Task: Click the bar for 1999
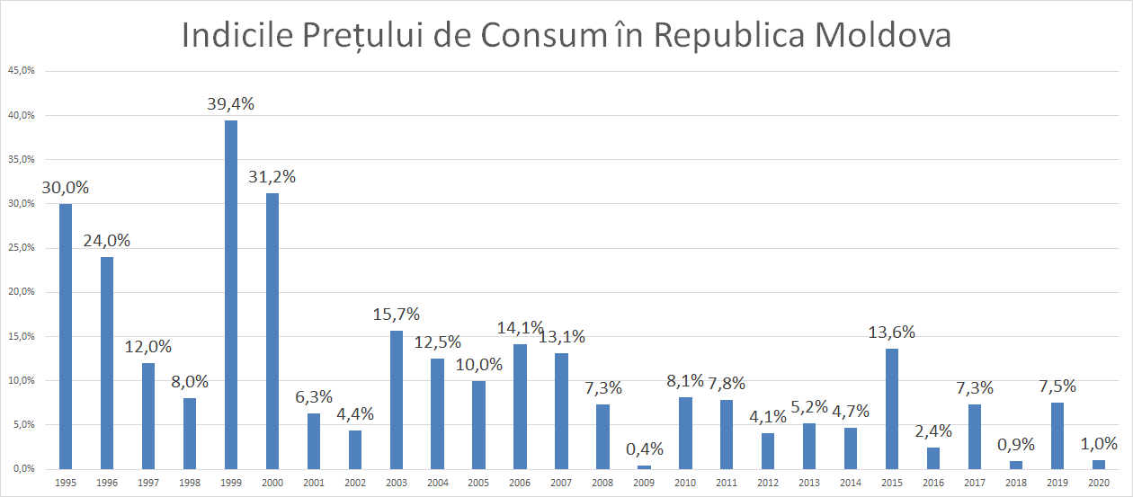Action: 231,295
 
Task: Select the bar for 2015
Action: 892,409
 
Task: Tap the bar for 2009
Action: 644,466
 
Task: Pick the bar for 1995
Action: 66,336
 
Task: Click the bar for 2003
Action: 396,400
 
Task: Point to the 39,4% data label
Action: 231,103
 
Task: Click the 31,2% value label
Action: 272,176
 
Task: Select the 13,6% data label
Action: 892,332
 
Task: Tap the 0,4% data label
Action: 644,448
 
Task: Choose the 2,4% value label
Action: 933,430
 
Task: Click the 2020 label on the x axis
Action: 1099,484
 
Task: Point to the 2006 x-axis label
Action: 520,484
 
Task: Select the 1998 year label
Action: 190,484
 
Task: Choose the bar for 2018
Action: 1016,465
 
